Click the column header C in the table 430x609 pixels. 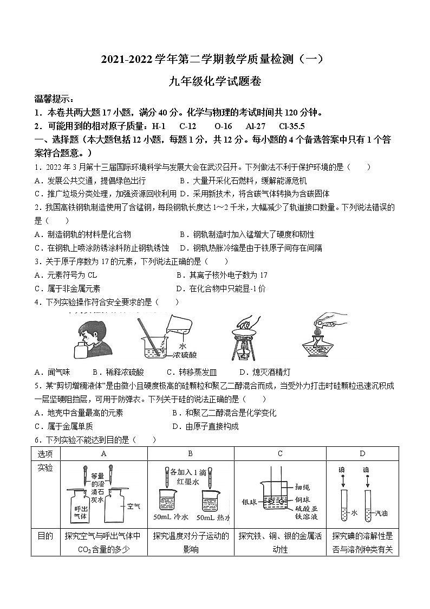[x=280, y=453]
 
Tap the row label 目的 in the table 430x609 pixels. [x=45, y=536]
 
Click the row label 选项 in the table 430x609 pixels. [x=45, y=453]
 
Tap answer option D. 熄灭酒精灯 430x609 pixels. [x=265, y=372]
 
